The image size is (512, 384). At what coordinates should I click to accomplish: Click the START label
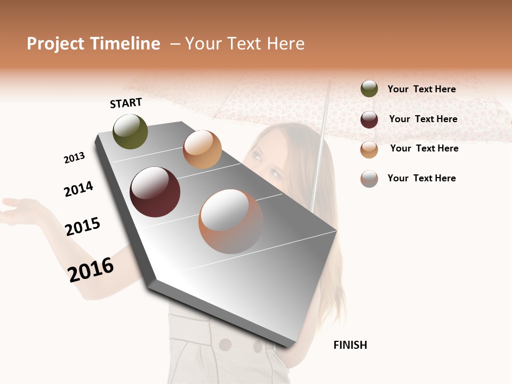(x=126, y=103)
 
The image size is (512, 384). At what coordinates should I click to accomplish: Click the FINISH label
(x=350, y=345)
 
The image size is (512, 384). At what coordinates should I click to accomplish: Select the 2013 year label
(x=74, y=158)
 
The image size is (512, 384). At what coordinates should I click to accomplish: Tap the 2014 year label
(x=78, y=189)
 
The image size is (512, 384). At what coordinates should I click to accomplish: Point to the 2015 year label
(x=83, y=227)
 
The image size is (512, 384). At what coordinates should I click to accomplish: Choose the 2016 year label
(x=91, y=269)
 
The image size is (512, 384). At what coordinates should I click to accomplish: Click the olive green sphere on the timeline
(x=131, y=131)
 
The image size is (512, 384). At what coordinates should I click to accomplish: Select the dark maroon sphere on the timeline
(x=155, y=192)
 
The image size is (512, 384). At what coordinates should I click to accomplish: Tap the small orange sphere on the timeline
(x=202, y=149)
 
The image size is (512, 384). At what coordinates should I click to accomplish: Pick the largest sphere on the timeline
(x=231, y=221)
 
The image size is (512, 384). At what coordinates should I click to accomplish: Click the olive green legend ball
(x=369, y=89)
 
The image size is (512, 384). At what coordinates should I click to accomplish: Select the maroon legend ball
(x=369, y=119)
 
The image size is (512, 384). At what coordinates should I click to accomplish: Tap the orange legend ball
(x=369, y=149)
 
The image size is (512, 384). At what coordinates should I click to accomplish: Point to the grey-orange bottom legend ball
(x=369, y=179)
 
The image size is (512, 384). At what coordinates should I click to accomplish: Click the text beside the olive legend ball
(x=421, y=89)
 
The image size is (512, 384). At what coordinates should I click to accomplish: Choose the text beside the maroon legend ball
(x=423, y=119)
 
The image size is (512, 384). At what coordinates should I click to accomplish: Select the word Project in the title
(x=55, y=44)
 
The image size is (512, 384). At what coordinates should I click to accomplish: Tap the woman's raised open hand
(x=21, y=210)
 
